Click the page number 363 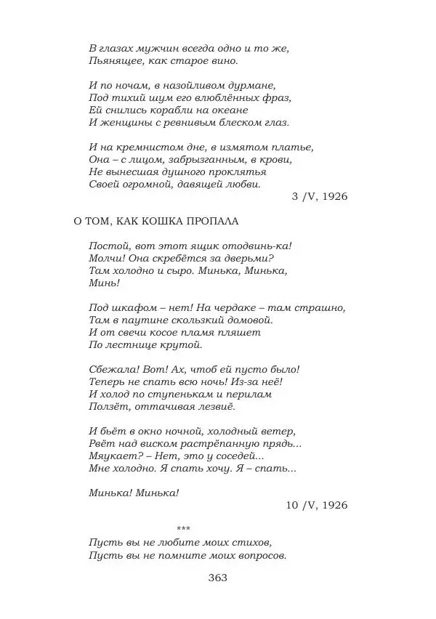point(217,578)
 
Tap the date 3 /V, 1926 point(319,196)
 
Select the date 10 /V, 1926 point(316,505)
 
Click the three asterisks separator point(183,528)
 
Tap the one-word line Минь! point(104,283)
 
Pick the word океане point(227,110)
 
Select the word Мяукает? point(114,456)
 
